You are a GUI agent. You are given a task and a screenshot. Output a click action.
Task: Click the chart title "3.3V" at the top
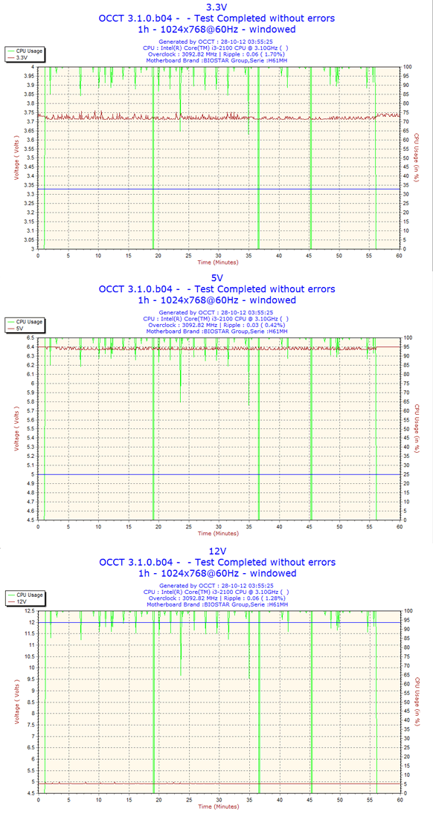(x=216, y=7)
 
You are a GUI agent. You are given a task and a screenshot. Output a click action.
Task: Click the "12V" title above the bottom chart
(x=216, y=551)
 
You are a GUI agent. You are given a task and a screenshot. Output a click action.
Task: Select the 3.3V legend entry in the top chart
(x=22, y=58)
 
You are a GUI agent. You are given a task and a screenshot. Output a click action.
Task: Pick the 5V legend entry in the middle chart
(x=20, y=329)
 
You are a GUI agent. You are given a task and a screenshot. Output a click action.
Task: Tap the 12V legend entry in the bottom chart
(x=22, y=601)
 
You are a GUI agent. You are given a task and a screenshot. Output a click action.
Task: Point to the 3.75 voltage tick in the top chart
(x=31, y=113)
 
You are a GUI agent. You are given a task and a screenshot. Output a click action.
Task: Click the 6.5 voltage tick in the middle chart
(x=32, y=338)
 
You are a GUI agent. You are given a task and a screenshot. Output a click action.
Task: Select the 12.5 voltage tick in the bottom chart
(x=31, y=611)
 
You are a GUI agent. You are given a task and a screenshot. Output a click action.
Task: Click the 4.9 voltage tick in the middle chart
(x=32, y=483)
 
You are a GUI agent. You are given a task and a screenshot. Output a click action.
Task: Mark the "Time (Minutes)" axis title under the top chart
(x=218, y=262)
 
